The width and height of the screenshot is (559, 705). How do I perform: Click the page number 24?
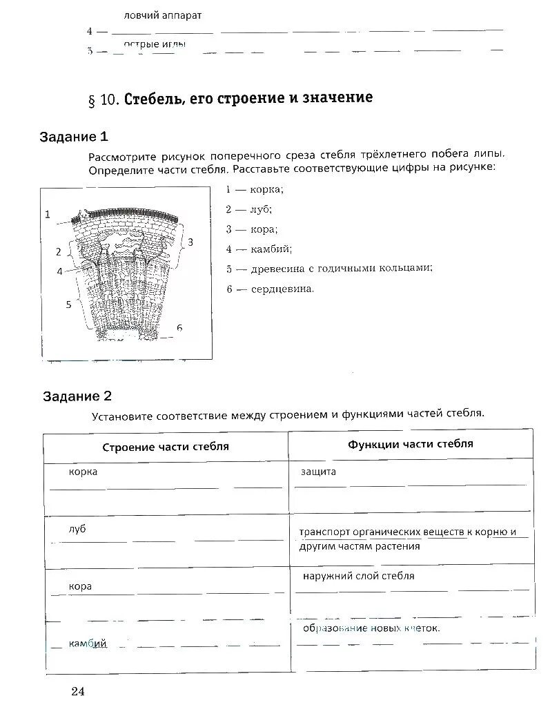pos(76,691)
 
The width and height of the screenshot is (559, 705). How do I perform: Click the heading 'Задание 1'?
pos(74,136)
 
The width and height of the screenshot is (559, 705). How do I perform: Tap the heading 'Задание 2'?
pos(77,396)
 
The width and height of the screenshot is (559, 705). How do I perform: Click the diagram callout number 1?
pos(48,214)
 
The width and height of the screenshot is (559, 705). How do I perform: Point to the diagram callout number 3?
pos(190,242)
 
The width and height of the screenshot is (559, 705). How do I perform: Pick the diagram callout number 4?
pos(60,271)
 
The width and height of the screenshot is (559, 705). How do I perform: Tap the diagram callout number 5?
pos(68,304)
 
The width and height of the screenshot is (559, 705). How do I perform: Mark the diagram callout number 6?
pos(179,327)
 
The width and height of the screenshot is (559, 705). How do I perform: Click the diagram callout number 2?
pos(59,251)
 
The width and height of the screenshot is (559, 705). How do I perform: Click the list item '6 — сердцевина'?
pos(270,289)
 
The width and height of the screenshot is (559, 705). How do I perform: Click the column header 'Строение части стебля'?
pos(166,447)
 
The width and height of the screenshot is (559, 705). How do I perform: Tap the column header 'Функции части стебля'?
pos(411,444)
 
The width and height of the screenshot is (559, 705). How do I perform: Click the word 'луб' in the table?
pos(77,529)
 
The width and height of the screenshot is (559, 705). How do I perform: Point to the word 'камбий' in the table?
pos(88,644)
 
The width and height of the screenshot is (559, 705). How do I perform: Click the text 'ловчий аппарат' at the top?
pos(163,15)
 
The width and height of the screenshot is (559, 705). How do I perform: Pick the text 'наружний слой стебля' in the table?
pos(358,575)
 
